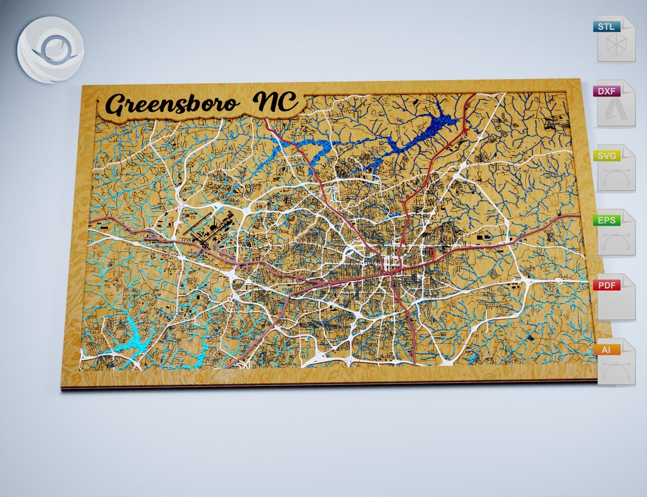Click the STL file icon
616,39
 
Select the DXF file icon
616,104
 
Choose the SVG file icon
616,168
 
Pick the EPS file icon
616,233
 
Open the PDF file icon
616,298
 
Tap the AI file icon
616,362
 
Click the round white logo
51,50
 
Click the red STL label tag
607,26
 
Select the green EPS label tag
607,220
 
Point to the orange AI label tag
607,350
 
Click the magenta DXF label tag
607,91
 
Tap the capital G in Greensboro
119,106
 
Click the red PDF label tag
607,285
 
